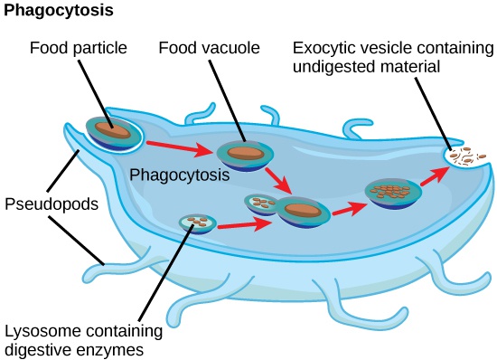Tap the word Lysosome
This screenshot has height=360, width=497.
tap(39, 330)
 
